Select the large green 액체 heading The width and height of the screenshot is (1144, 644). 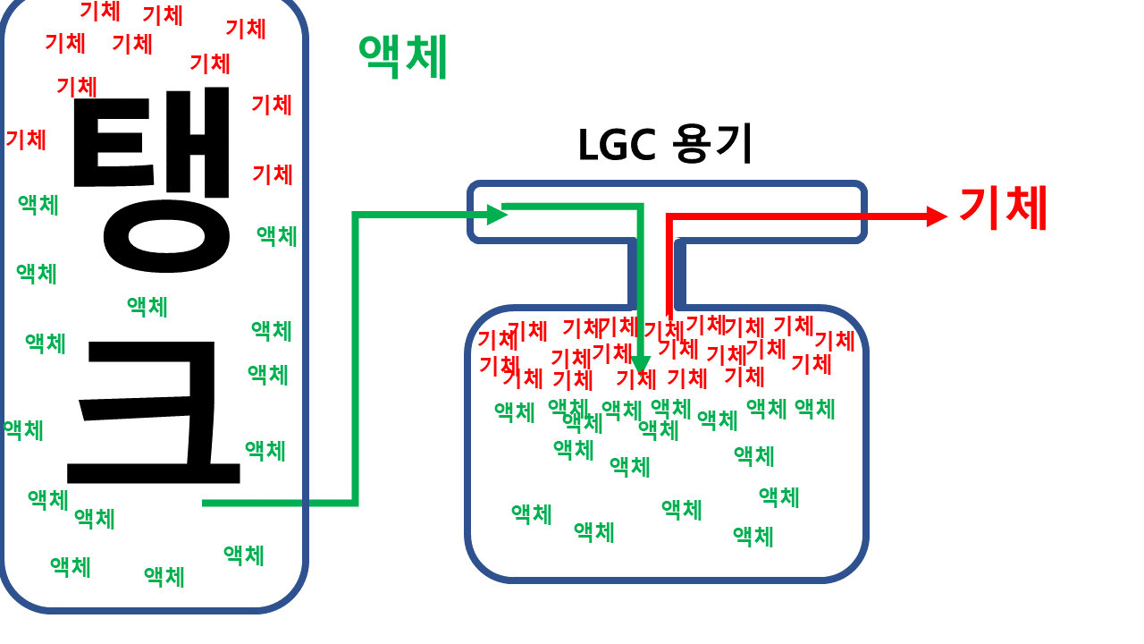tap(402, 57)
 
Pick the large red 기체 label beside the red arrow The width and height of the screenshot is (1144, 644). tap(1002, 208)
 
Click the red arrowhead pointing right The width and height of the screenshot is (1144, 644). tap(937, 216)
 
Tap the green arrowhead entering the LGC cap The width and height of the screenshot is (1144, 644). tap(498, 214)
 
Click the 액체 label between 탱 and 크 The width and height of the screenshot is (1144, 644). tap(147, 307)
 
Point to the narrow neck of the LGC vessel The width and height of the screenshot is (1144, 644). tap(657, 273)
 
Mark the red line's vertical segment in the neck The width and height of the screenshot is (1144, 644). tap(669, 268)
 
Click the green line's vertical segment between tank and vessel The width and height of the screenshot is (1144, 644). tap(356, 358)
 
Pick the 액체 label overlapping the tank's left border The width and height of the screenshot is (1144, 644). tap(23, 430)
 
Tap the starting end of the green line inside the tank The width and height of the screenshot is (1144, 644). tap(206, 504)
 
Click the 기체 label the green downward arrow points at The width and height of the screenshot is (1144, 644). tap(636, 379)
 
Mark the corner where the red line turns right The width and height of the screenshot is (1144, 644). tap(669, 216)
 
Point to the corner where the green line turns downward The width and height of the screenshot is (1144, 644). tap(640, 208)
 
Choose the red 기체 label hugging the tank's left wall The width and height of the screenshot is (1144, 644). tap(26, 140)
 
